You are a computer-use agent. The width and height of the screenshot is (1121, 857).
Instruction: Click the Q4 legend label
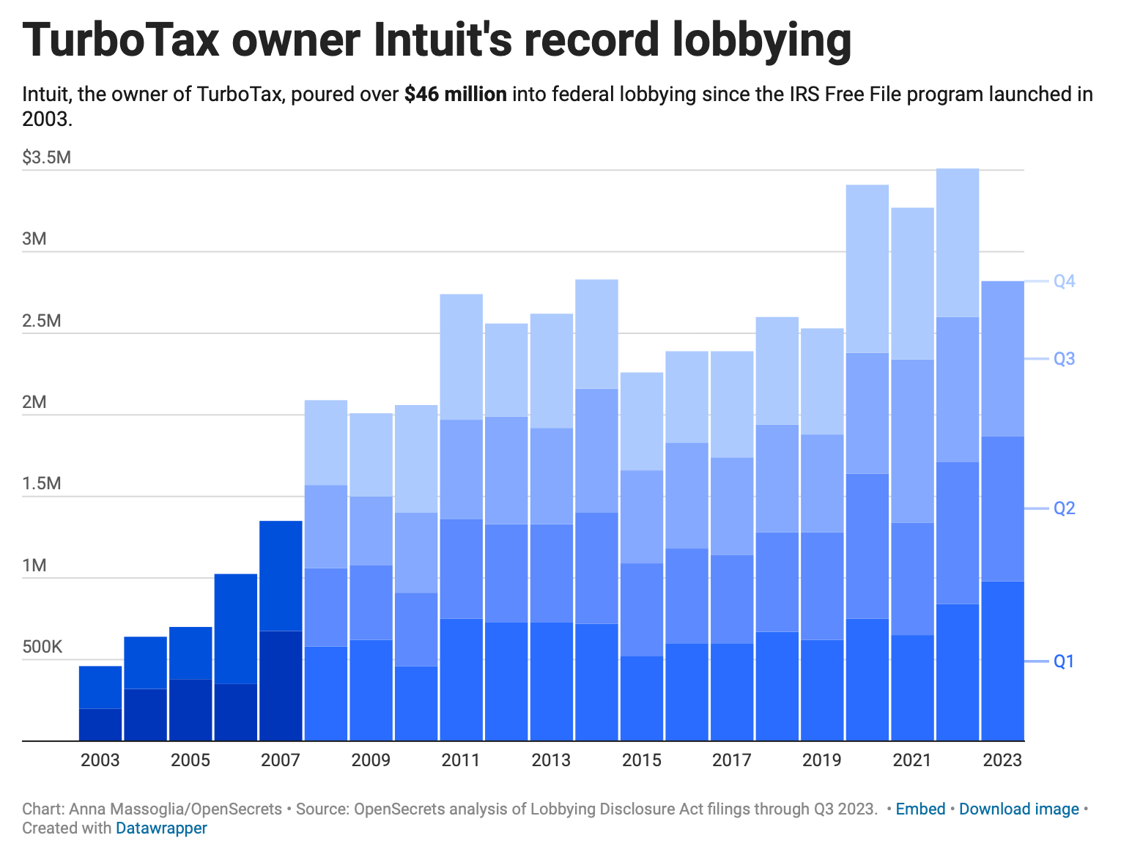click(1064, 281)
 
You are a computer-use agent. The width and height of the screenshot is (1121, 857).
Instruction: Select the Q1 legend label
click(1064, 661)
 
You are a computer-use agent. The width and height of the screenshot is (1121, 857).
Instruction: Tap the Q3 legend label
click(1064, 359)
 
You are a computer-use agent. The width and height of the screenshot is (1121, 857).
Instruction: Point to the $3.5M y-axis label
click(47, 157)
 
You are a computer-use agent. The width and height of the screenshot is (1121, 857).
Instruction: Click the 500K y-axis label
click(42, 647)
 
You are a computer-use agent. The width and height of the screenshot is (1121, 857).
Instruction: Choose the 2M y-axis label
click(36, 402)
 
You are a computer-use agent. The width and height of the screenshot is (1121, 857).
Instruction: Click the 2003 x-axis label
click(100, 760)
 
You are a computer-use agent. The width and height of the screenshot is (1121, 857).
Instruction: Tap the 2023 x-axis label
click(1002, 760)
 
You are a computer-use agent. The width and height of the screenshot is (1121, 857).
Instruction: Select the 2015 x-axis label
click(642, 760)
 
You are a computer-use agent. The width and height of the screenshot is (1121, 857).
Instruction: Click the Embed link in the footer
click(920, 809)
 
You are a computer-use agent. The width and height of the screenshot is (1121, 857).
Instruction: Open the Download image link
click(1018, 809)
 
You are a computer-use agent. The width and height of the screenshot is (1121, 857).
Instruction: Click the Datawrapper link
click(161, 828)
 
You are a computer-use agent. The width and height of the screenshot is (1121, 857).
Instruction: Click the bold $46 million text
click(455, 94)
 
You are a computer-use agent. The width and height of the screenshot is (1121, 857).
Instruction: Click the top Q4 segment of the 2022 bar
click(958, 242)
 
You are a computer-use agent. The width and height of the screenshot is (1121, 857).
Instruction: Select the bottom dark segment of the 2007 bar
click(281, 686)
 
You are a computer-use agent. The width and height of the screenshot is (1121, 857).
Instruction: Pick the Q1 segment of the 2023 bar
click(1002, 661)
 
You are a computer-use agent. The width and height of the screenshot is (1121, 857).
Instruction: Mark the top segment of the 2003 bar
click(100, 687)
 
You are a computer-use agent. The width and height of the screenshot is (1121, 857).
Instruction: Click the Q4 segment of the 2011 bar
click(461, 357)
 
